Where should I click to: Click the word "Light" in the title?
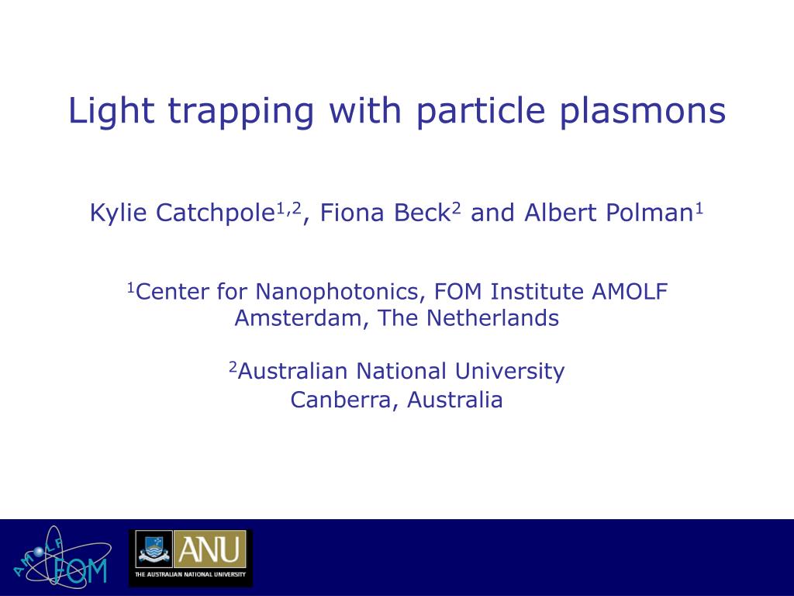[x=111, y=111]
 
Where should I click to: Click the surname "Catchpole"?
[x=215, y=213]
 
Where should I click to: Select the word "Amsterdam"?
[x=299, y=318]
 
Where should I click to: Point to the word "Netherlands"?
[x=492, y=317]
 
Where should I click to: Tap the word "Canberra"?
[x=341, y=400]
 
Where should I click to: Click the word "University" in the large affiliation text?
[x=509, y=372]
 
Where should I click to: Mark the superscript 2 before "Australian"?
[x=233, y=366]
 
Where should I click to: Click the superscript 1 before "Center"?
[x=130, y=288]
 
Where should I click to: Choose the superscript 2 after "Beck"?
[x=456, y=208]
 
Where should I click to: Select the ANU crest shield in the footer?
[x=154, y=549]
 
